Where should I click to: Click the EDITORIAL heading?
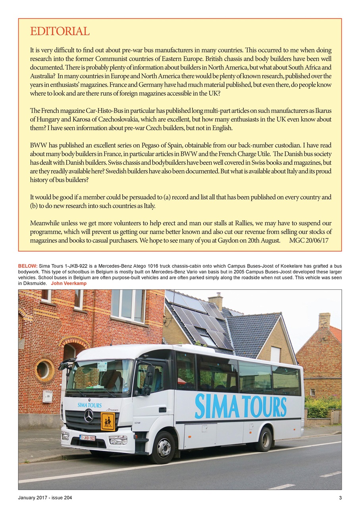[60, 31]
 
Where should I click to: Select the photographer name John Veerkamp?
[69, 284]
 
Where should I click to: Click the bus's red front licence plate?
[87, 438]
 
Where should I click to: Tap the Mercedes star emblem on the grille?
[89, 416]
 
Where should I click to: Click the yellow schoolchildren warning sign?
[108, 421]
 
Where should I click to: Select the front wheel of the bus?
[163, 447]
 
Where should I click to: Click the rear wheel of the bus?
[264, 439]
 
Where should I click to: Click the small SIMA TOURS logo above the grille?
[89, 405]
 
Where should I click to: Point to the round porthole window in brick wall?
[43, 369]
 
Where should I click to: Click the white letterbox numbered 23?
[48, 396]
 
